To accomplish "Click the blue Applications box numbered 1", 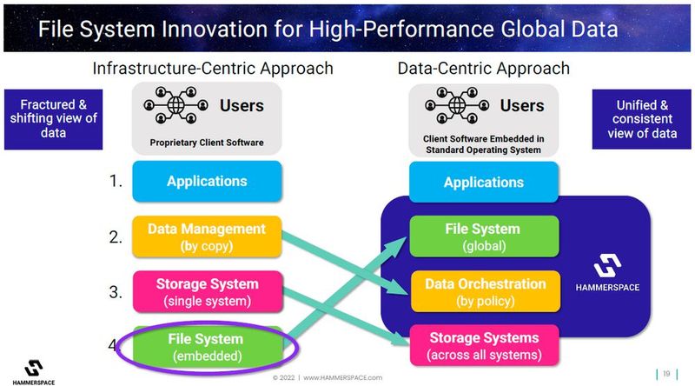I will (x=208, y=182).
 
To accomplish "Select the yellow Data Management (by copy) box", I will (x=208, y=237).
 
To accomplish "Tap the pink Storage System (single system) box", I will (x=208, y=292).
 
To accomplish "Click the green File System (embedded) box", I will (x=208, y=347).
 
